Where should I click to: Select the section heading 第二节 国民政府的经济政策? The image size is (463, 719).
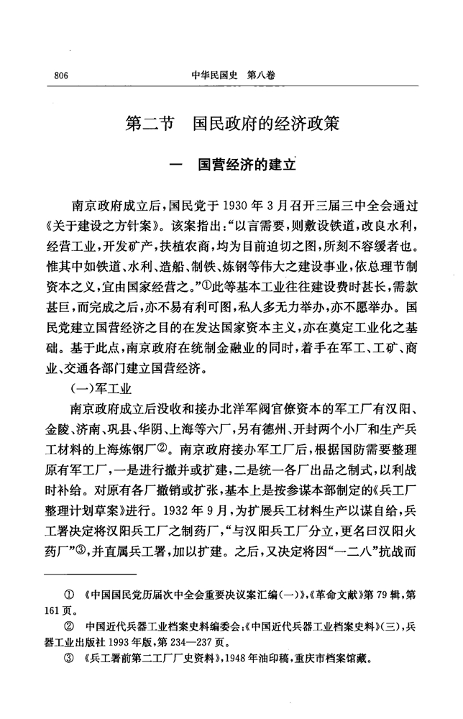coord(232,122)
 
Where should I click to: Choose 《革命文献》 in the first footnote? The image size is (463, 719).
coord(339,595)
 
